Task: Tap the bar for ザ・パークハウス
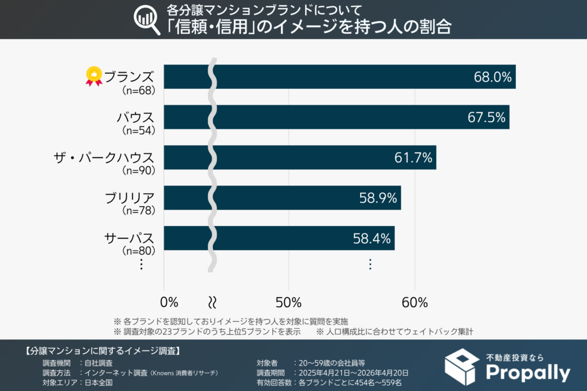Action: coord(321,157)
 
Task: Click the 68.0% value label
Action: coord(492,77)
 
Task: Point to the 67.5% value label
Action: coord(486,117)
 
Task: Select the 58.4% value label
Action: coord(371,238)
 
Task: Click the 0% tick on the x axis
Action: coord(170,302)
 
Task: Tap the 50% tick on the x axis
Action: coord(289,302)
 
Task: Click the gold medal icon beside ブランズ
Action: coord(93,76)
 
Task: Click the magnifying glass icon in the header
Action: coord(146,19)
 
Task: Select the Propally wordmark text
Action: coord(527,373)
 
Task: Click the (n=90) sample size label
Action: coord(139,170)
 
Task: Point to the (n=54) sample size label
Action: coord(139,131)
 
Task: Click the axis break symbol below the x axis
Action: coord(213,302)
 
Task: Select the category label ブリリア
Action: coord(130,198)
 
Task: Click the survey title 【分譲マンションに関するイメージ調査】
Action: coord(103,350)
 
